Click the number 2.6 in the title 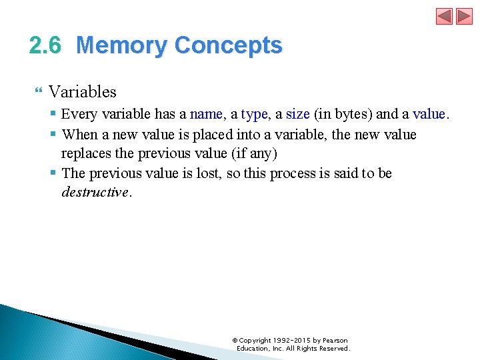(x=45, y=46)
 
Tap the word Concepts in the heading (x=228, y=46)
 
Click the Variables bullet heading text (x=83, y=92)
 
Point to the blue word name (x=206, y=115)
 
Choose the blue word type (x=254, y=115)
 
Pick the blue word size (x=297, y=115)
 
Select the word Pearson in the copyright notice (x=335, y=341)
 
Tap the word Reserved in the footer (x=333, y=349)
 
